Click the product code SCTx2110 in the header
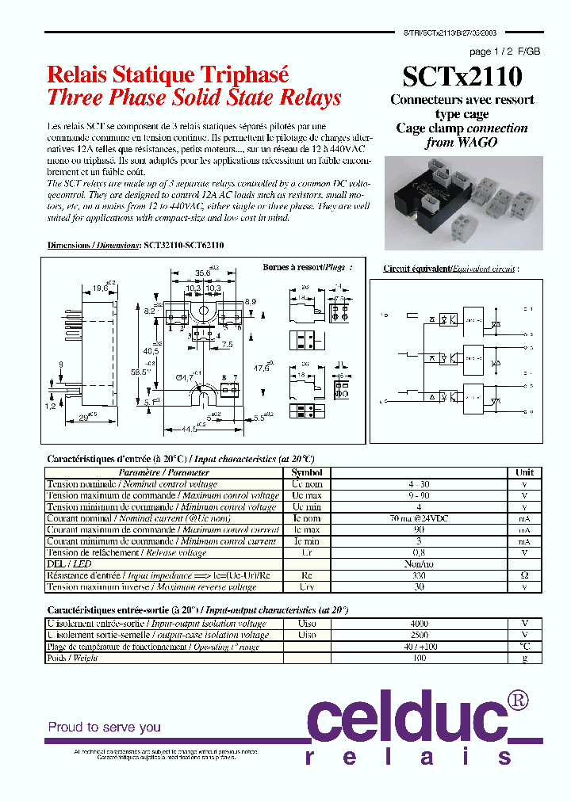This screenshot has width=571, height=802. pyautogui.click(x=462, y=77)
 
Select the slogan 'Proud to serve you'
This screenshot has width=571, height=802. pyautogui.click(x=105, y=727)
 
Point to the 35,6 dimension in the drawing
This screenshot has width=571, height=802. pyautogui.click(x=204, y=273)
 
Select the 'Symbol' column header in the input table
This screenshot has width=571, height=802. pyautogui.click(x=306, y=472)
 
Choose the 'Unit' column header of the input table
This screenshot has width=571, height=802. pyautogui.click(x=524, y=472)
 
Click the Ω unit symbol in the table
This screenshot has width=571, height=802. pyautogui.click(x=524, y=575)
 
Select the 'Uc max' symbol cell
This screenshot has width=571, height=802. pyautogui.click(x=306, y=495)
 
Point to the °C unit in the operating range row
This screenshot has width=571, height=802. pyautogui.click(x=524, y=647)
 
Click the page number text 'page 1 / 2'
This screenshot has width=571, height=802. pyautogui.click(x=492, y=52)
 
